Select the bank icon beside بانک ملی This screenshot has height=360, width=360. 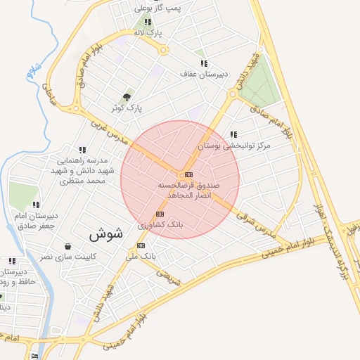coord(141,245)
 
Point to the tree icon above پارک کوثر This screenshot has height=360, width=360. coord(127,97)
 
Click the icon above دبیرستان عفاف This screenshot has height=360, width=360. coord(204,63)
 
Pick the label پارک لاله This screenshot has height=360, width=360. coord(148,33)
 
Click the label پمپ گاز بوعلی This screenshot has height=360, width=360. coord(159,8)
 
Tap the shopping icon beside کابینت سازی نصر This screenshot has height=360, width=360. coord(67,246)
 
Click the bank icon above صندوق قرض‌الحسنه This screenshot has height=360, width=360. coord(188,174)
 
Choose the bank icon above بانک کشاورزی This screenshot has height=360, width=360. coord(160,214)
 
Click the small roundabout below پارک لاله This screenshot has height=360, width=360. coord(164,50)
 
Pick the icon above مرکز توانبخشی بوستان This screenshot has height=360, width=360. coord(233,134)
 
